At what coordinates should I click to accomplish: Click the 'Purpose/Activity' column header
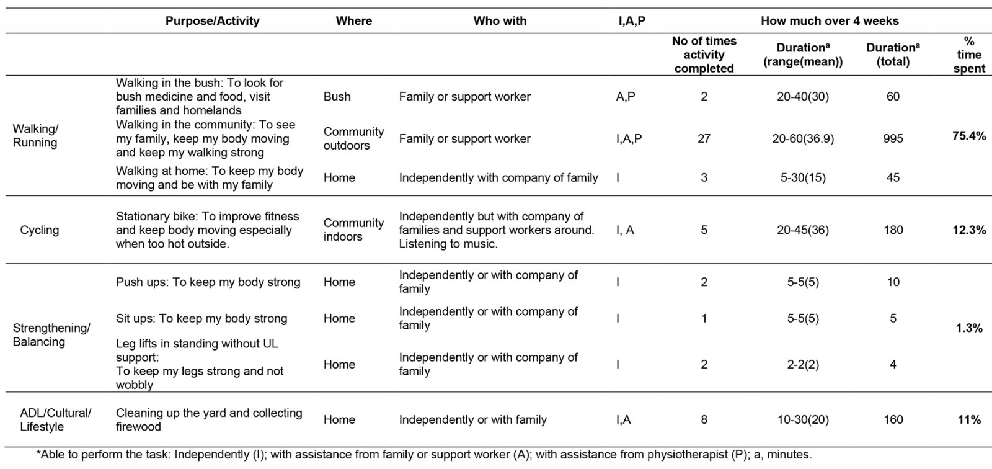[x=212, y=21]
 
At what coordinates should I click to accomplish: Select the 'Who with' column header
[x=500, y=21]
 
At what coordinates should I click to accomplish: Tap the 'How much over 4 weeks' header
[x=830, y=21]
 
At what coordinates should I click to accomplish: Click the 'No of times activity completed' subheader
[x=704, y=55]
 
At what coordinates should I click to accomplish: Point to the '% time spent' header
[x=968, y=55]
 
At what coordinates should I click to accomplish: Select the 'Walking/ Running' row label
[x=35, y=135]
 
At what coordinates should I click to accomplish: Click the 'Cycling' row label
[x=40, y=230]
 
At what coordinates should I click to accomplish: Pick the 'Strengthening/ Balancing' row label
[x=51, y=335]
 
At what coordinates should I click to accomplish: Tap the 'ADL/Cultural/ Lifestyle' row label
[x=55, y=420]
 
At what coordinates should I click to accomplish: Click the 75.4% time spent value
[x=968, y=136]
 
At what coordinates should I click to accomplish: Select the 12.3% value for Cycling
[x=968, y=230]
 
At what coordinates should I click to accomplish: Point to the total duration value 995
[x=893, y=139]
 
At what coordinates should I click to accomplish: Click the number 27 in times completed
[x=704, y=139]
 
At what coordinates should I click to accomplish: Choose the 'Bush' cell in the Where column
[x=337, y=97]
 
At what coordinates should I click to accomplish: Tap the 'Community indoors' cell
[x=353, y=230]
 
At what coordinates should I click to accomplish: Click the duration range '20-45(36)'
[x=803, y=230]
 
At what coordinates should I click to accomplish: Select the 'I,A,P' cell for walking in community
[x=629, y=139]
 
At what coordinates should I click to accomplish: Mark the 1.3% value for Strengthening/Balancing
[x=968, y=328]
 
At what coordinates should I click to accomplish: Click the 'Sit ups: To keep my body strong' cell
[x=201, y=319]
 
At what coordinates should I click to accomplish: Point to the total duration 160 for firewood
[x=893, y=420]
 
